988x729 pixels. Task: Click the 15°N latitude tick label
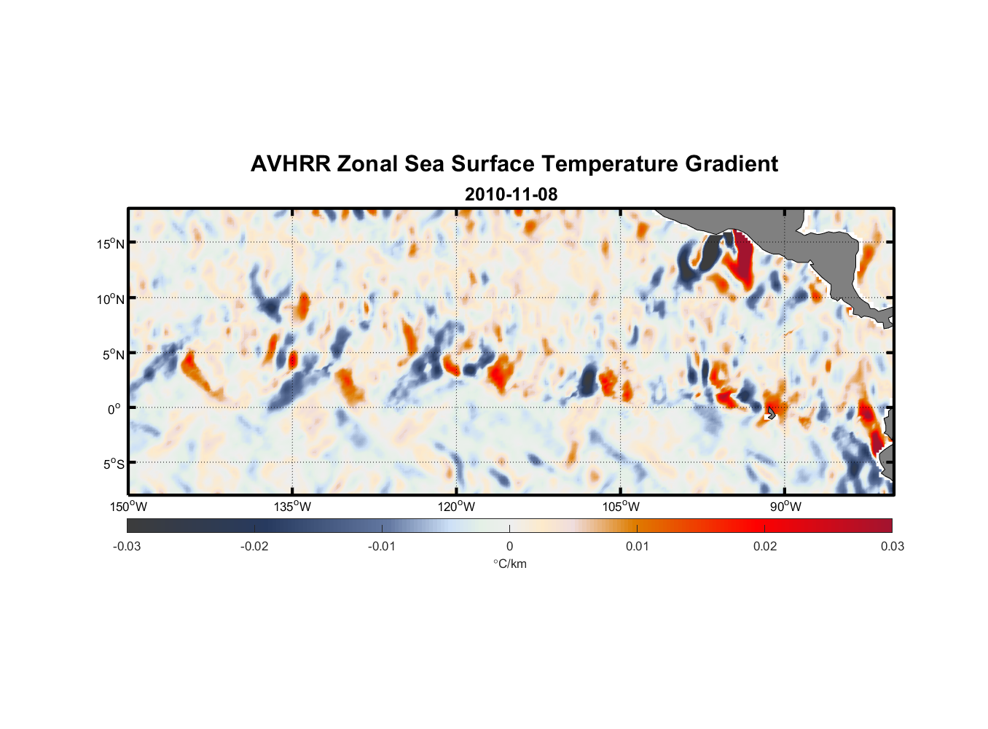111,243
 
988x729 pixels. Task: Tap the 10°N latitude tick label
111,299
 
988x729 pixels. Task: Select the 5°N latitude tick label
113,354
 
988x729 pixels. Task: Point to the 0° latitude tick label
114,410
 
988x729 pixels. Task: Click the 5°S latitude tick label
113,464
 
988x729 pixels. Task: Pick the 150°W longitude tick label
128,507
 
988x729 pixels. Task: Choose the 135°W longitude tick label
292,507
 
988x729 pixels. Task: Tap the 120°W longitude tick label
457,507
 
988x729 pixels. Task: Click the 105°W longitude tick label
621,507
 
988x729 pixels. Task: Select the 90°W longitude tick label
785,507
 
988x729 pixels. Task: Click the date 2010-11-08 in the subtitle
511,194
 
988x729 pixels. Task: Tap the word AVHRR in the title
290,164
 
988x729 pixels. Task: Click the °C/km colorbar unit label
509,564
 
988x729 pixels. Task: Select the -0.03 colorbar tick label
127,547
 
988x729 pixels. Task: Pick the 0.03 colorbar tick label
892,547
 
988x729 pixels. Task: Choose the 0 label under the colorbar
509,547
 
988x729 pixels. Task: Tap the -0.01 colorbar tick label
382,547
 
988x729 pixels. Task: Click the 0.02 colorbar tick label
765,547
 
